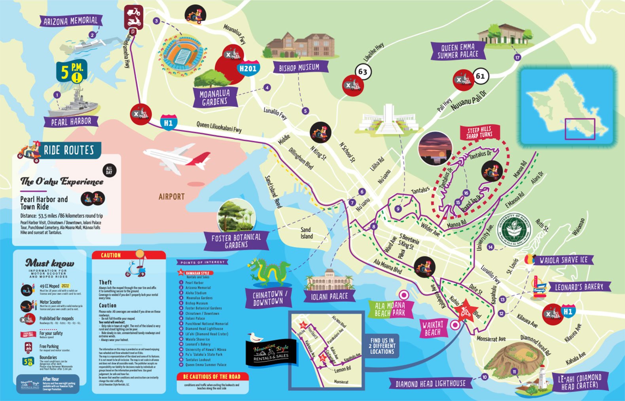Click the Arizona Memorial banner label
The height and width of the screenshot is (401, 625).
[70, 21]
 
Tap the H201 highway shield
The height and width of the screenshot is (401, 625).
[248, 68]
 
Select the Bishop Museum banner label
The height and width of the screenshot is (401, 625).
[299, 68]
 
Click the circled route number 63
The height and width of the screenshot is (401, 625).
[363, 72]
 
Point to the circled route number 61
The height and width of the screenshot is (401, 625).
[480, 76]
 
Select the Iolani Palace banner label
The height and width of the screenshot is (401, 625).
[330, 296]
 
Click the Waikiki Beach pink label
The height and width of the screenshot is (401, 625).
[433, 329]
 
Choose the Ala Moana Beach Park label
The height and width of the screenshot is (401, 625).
[390, 309]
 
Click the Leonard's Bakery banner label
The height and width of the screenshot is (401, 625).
[579, 287]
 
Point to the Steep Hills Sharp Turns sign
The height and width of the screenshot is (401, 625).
[479, 132]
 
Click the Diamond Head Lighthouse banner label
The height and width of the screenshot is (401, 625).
[430, 383]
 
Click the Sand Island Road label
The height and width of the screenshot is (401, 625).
[273, 192]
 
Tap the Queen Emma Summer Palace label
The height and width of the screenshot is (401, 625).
[458, 51]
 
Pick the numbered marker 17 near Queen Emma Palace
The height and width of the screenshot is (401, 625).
[517, 58]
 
